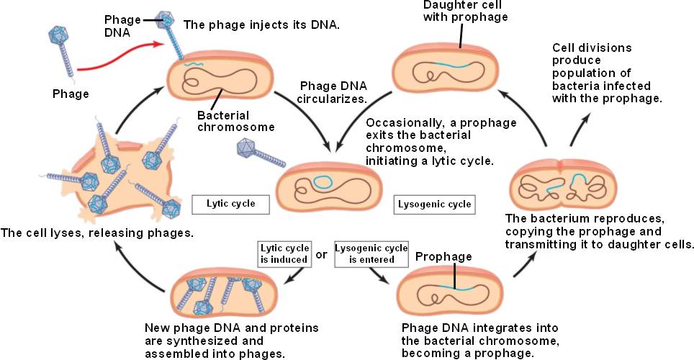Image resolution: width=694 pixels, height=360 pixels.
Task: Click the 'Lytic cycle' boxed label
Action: (x=223, y=204)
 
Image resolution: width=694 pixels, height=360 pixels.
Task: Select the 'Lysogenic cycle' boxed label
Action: (x=435, y=204)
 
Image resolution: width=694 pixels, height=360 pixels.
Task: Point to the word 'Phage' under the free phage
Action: (x=71, y=94)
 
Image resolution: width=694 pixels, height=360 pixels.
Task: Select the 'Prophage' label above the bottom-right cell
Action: (x=443, y=256)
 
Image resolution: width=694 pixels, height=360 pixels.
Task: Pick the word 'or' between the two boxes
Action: (x=322, y=254)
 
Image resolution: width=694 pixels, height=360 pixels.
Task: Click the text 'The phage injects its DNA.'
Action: (x=261, y=24)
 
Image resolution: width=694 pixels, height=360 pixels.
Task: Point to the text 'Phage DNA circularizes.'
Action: (x=334, y=92)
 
